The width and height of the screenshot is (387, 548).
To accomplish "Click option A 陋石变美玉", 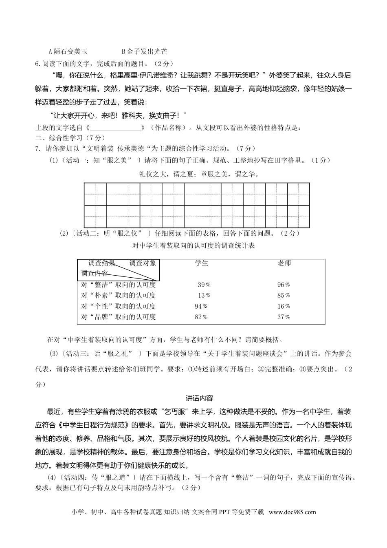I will pyautogui.click(x=68, y=52).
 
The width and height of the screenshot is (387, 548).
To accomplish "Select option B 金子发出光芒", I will pyautogui.click(x=144, y=52).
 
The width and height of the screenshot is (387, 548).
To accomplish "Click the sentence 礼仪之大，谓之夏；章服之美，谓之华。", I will pyautogui.click(x=199, y=174).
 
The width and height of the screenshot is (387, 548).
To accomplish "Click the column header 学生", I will pyautogui.click(x=202, y=263).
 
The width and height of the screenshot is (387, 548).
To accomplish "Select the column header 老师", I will pyautogui.click(x=284, y=263).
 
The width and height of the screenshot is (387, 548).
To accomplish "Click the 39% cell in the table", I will pyautogui.click(x=204, y=285).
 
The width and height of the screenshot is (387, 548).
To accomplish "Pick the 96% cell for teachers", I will pyautogui.click(x=284, y=285).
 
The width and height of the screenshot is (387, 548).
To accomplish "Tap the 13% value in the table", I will pyautogui.click(x=204, y=296).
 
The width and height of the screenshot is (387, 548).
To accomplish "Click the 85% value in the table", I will pyautogui.click(x=284, y=296).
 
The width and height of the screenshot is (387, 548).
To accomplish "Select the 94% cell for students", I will pyautogui.click(x=201, y=307).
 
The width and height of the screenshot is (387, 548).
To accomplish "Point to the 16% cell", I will pyautogui.click(x=284, y=307).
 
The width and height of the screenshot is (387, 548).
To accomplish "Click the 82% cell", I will pyautogui.click(x=201, y=317).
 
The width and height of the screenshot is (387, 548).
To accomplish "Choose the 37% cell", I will pyautogui.click(x=284, y=317).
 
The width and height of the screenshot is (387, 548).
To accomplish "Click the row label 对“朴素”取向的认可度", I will pyautogui.click(x=118, y=296).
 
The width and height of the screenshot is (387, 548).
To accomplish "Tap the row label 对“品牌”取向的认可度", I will pyautogui.click(x=118, y=317).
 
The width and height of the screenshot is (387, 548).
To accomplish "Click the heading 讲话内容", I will pyautogui.click(x=199, y=398).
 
